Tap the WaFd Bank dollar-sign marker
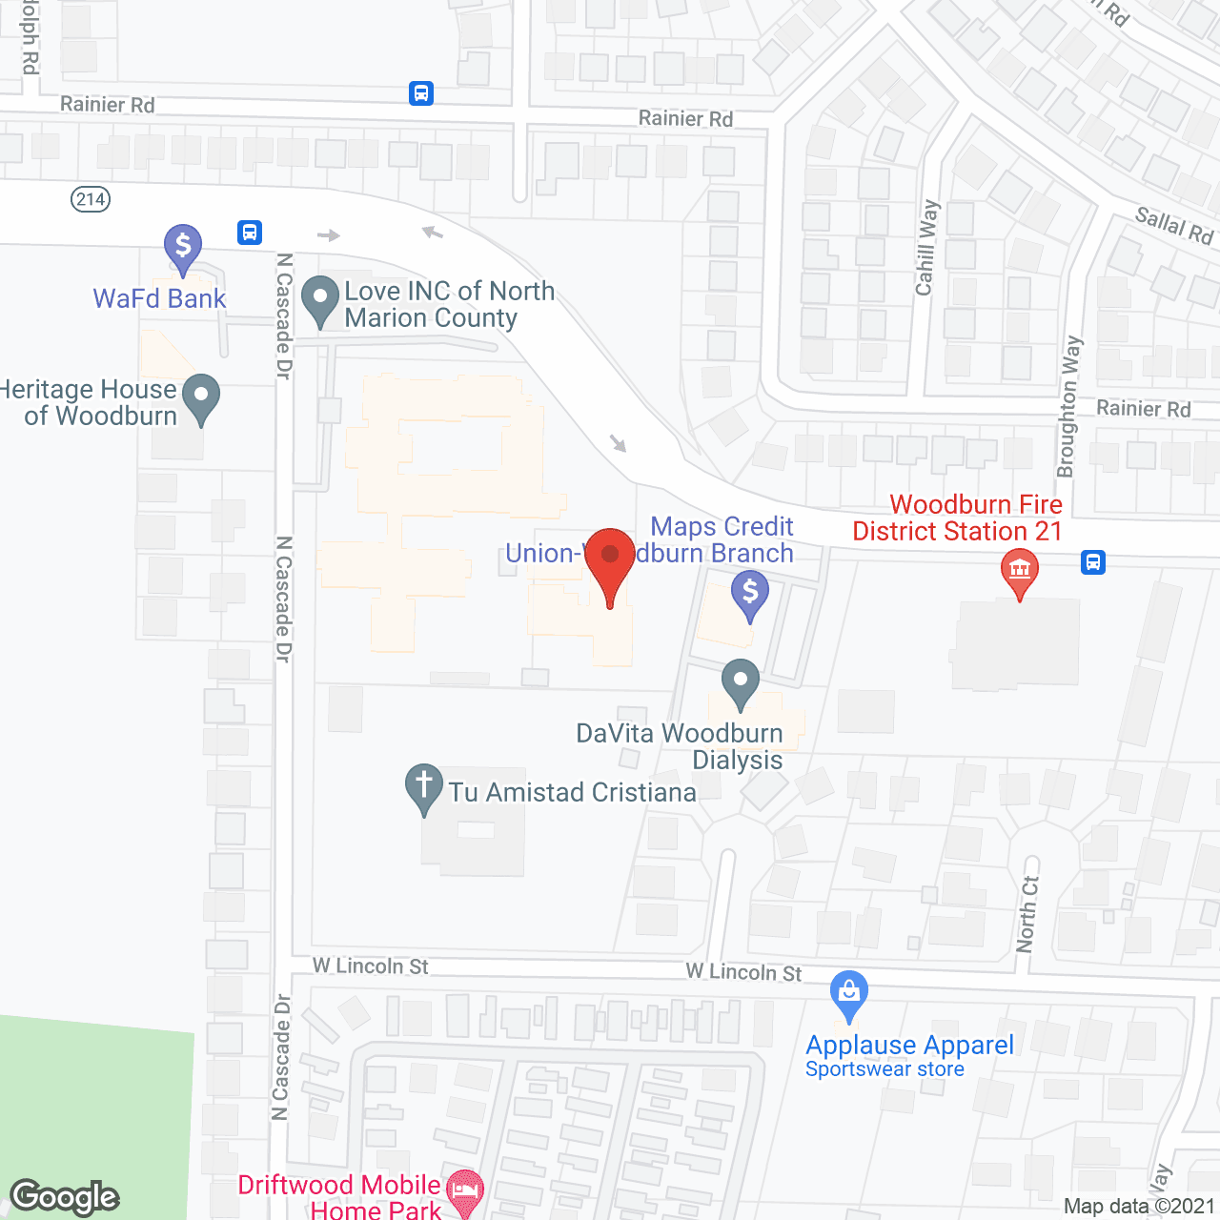point(182,247)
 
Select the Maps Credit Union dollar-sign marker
point(750,593)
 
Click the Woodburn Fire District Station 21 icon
point(1020,572)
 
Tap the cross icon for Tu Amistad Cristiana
point(424,786)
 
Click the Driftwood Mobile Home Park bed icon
point(465,1190)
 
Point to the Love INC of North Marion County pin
point(320,298)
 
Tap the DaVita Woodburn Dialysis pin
point(741,681)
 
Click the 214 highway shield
point(91,199)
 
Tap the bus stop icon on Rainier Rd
point(421,93)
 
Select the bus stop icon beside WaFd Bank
point(250,233)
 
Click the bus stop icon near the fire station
point(1093,562)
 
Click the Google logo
point(65,1197)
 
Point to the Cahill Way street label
point(926,248)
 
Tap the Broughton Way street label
point(1069,406)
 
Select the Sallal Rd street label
point(1174,226)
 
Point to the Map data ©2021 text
point(1139,1206)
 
